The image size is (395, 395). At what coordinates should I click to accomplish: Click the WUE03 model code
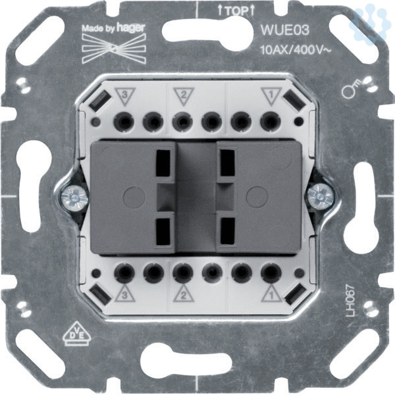(284, 30)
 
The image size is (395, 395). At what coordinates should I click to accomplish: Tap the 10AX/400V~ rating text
(296, 51)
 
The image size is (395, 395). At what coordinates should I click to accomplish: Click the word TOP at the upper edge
(236, 11)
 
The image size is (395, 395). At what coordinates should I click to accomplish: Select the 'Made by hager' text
(114, 28)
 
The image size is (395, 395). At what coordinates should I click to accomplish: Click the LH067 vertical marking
(350, 300)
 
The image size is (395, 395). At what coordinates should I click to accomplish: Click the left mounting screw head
(74, 197)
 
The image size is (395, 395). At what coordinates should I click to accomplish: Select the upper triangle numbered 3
(125, 96)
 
